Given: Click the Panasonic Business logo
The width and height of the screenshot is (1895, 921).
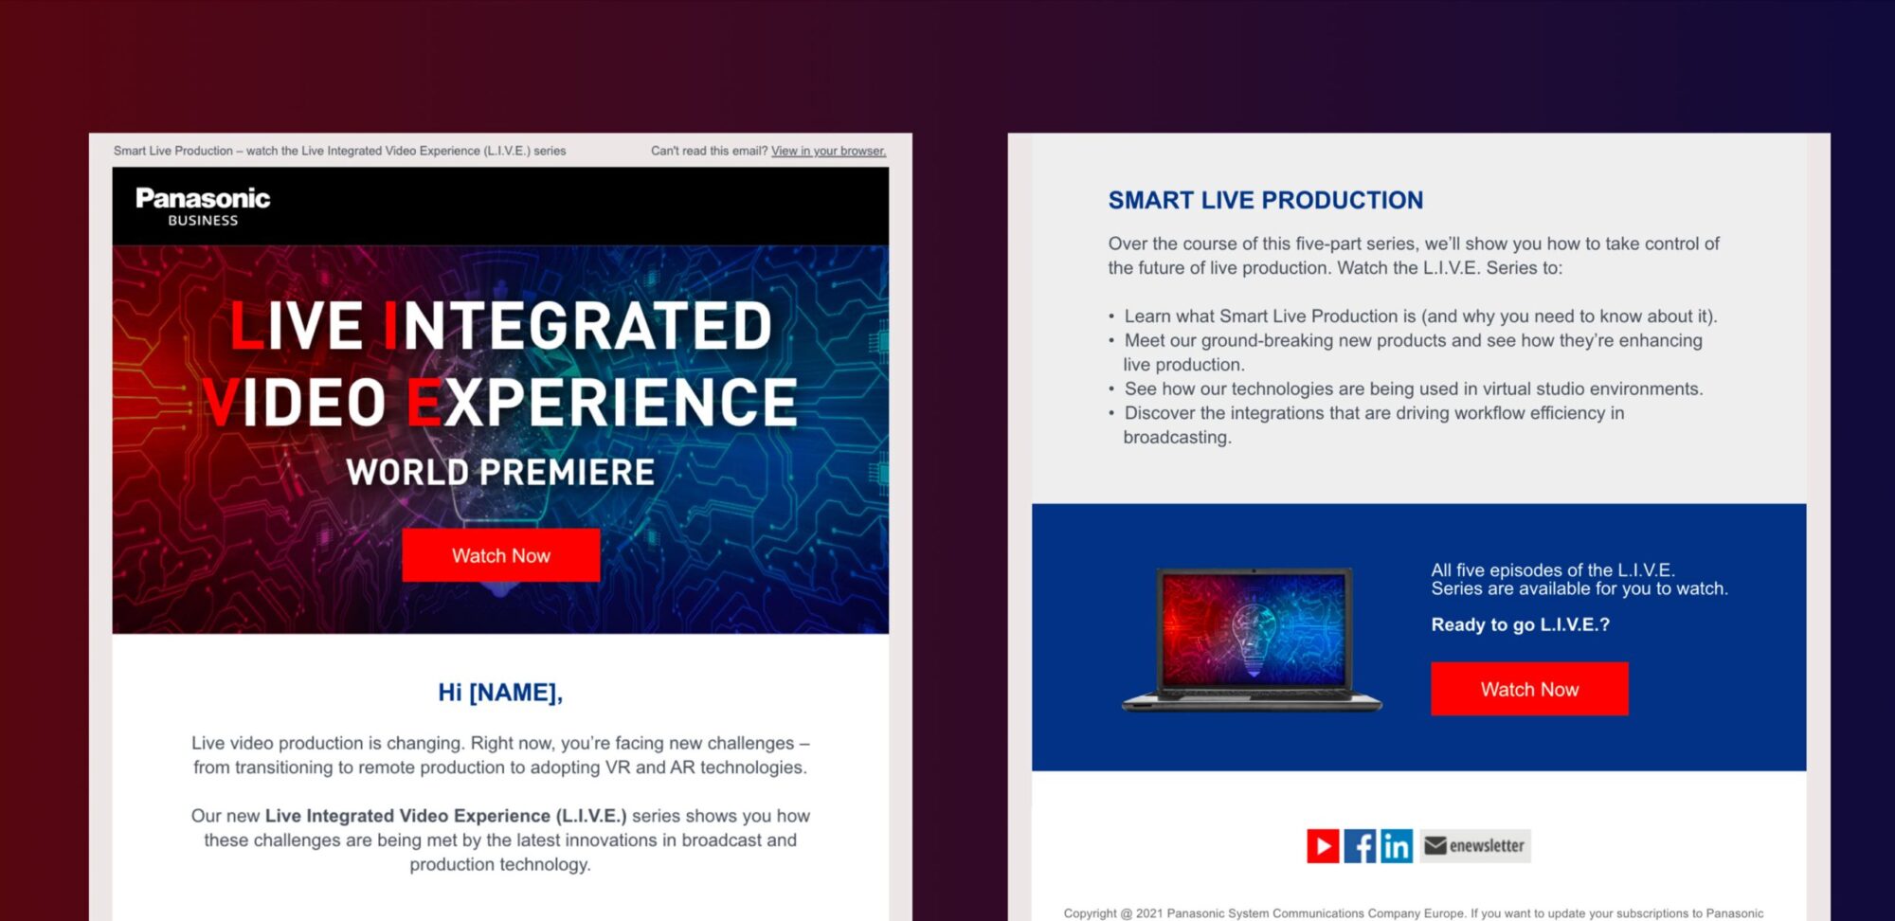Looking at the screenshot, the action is pyautogui.click(x=203, y=207).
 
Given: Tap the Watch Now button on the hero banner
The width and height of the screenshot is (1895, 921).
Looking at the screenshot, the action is pyautogui.click(x=501, y=555).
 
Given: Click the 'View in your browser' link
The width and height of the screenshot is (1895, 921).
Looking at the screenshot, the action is pyautogui.click(x=828, y=151).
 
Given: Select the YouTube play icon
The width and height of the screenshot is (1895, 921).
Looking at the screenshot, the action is pyautogui.click(x=1323, y=845).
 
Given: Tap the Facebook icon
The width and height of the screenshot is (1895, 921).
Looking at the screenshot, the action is pyautogui.click(x=1360, y=845).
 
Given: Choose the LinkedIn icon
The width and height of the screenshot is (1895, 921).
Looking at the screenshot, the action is pyautogui.click(x=1397, y=845).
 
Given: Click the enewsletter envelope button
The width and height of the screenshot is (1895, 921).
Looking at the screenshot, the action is pyautogui.click(x=1475, y=845).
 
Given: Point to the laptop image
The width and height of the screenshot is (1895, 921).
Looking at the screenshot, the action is pyautogui.click(x=1252, y=639).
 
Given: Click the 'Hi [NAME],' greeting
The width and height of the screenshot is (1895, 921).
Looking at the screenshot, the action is pyautogui.click(x=500, y=693).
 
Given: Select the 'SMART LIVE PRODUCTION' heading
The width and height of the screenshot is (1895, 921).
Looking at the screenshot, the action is pyautogui.click(x=1266, y=200).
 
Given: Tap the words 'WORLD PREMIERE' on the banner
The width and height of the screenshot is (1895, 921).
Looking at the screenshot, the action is pyautogui.click(x=500, y=472).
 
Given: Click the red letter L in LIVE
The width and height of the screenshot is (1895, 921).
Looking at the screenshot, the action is pyautogui.click(x=247, y=326).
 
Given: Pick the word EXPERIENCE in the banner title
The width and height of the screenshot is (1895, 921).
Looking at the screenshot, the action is pyautogui.click(x=603, y=403).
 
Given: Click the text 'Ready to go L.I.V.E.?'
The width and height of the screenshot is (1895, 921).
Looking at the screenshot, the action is pyautogui.click(x=1521, y=624).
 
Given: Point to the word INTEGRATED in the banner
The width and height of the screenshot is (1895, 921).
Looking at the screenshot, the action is pyautogui.click(x=578, y=326).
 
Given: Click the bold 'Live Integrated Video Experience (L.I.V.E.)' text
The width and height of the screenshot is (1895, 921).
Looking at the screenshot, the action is pyautogui.click(x=446, y=816).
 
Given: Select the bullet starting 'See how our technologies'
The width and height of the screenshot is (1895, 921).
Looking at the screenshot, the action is pyautogui.click(x=1406, y=388).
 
